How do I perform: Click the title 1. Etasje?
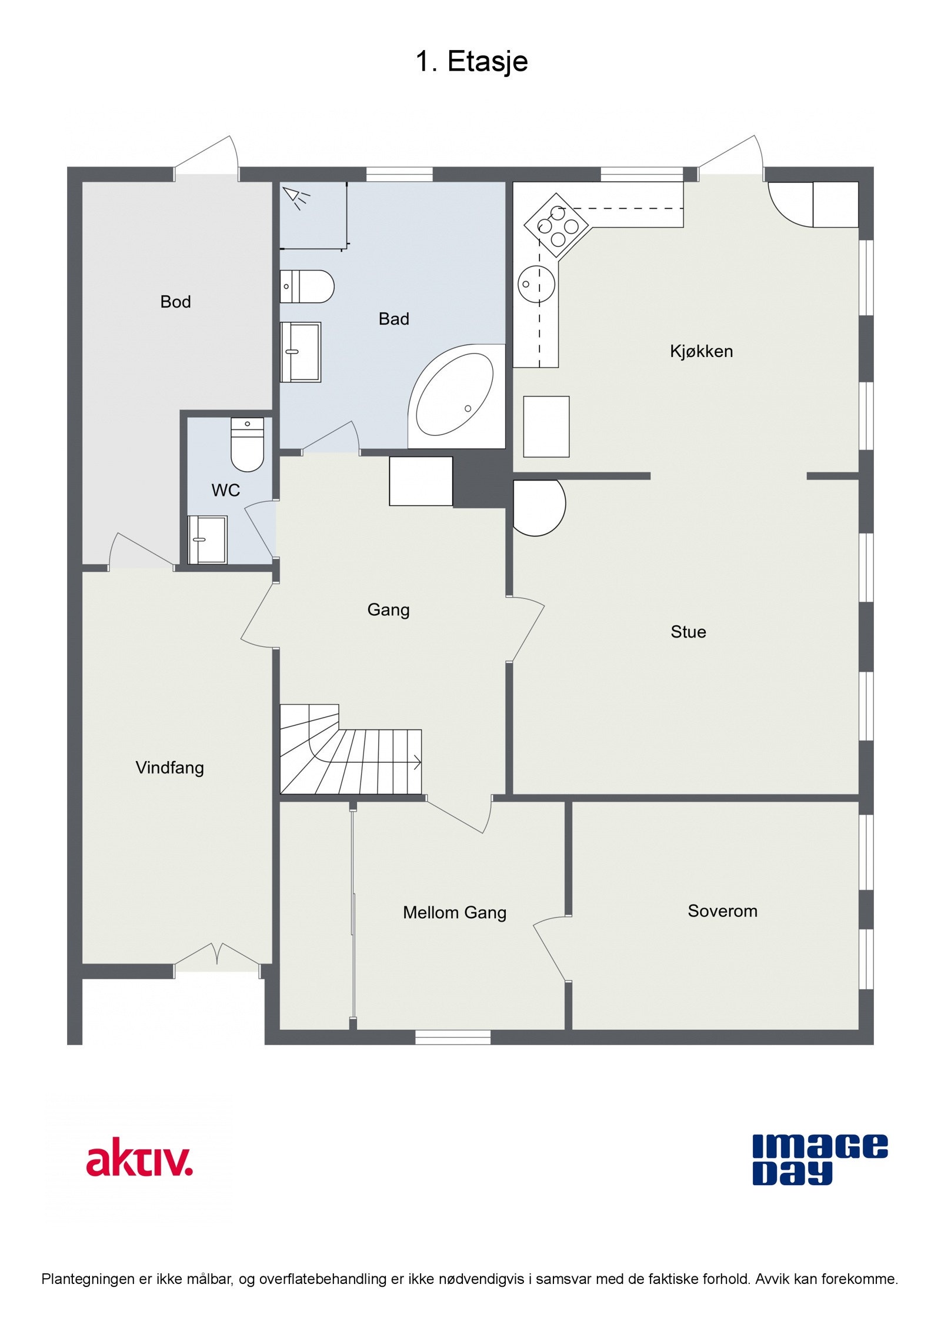point(471,61)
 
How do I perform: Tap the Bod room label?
point(175,302)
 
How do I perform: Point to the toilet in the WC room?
point(247,445)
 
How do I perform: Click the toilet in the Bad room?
point(308,286)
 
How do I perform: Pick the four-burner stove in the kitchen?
point(556,224)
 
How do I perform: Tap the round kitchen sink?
point(536,284)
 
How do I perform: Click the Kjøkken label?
point(701,351)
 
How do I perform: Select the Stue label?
point(688,632)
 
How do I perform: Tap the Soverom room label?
point(722,911)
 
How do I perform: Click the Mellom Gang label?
point(454,913)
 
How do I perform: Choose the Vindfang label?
point(169,768)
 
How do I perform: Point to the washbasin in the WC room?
point(206,539)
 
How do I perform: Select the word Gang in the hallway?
point(388,610)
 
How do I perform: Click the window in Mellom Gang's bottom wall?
point(453,1037)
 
